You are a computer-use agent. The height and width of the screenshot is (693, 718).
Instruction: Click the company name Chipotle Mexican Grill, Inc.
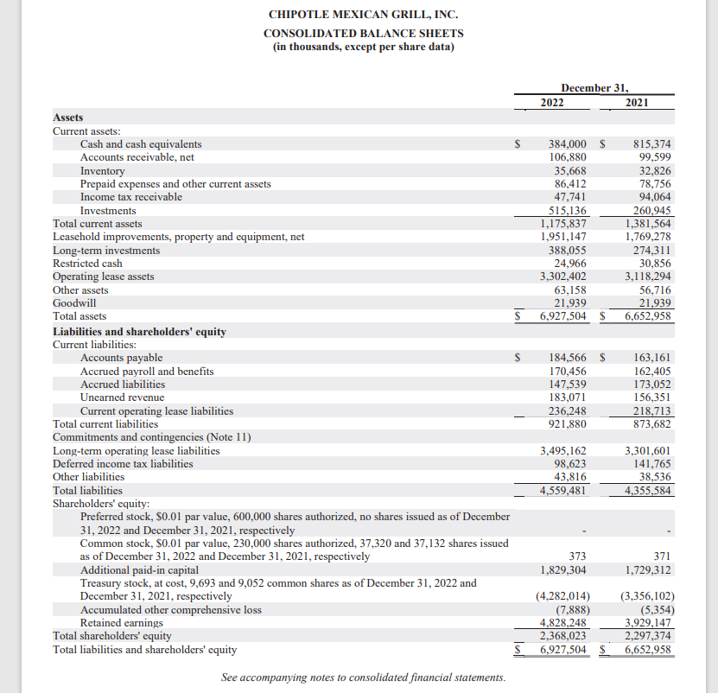[363, 15]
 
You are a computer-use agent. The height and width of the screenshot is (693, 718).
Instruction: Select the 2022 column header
[552, 103]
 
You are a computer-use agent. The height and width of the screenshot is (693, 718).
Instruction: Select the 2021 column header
[636, 103]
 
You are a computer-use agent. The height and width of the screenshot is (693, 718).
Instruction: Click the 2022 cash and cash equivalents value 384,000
[568, 144]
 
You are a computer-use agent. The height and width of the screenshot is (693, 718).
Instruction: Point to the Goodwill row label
[74, 303]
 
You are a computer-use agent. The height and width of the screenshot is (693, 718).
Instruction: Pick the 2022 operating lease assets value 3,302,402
[563, 277]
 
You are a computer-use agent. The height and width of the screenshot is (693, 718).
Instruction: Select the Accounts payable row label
[121, 358]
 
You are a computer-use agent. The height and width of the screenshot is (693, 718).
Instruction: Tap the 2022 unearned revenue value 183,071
[568, 397]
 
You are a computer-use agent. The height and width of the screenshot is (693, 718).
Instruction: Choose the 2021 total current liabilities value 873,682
[652, 424]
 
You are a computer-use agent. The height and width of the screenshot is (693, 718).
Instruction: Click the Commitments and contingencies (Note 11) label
[152, 437]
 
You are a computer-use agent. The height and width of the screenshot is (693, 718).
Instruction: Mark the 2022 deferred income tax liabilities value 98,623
[571, 464]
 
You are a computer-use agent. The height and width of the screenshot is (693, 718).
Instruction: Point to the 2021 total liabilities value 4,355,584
[648, 491]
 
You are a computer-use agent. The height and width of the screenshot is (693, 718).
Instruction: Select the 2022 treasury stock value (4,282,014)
[563, 596]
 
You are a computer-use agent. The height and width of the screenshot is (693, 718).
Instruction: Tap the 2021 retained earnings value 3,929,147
[648, 623]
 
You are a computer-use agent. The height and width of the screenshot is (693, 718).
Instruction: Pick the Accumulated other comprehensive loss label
[170, 609]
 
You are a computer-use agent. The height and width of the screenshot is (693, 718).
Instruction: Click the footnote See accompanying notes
[363, 677]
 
